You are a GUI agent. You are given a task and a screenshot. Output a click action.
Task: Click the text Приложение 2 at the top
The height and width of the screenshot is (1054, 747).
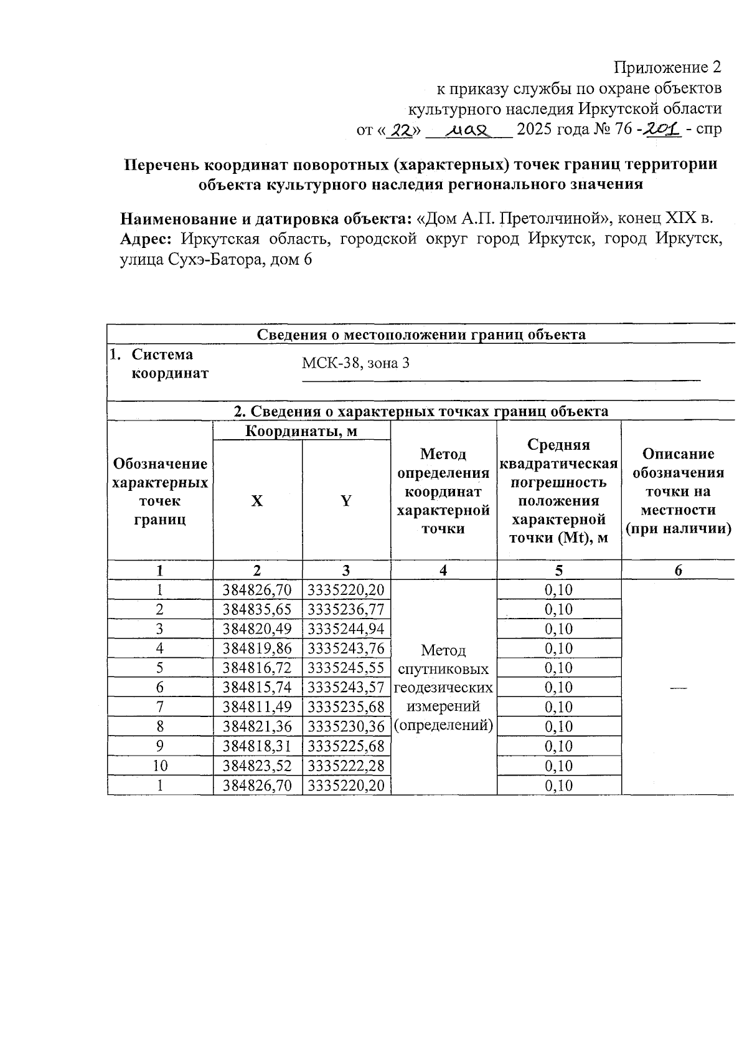point(667,67)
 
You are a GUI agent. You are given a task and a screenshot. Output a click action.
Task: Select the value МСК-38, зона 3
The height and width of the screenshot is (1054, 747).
point(355,363)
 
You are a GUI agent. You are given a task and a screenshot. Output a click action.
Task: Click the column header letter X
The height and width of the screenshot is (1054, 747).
point(256,501)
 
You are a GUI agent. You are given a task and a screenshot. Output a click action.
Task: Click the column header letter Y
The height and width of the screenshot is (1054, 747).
point(345,501)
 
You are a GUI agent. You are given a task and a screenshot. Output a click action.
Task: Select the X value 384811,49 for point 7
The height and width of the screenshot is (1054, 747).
point(257,707)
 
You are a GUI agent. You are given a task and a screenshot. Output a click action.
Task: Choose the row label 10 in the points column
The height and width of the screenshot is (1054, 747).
point(160,766)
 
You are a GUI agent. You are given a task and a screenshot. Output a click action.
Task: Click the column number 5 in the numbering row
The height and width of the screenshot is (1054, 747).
point(558,571)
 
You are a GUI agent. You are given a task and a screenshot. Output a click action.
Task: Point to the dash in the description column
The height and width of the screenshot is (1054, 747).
point(678,687)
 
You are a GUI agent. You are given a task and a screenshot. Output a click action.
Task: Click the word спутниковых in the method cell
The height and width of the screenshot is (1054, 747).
point(443,669)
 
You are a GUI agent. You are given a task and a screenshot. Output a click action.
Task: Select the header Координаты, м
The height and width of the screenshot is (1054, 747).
point(301,430)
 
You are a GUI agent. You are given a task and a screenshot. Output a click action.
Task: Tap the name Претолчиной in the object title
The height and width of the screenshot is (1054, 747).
point(553,219)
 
